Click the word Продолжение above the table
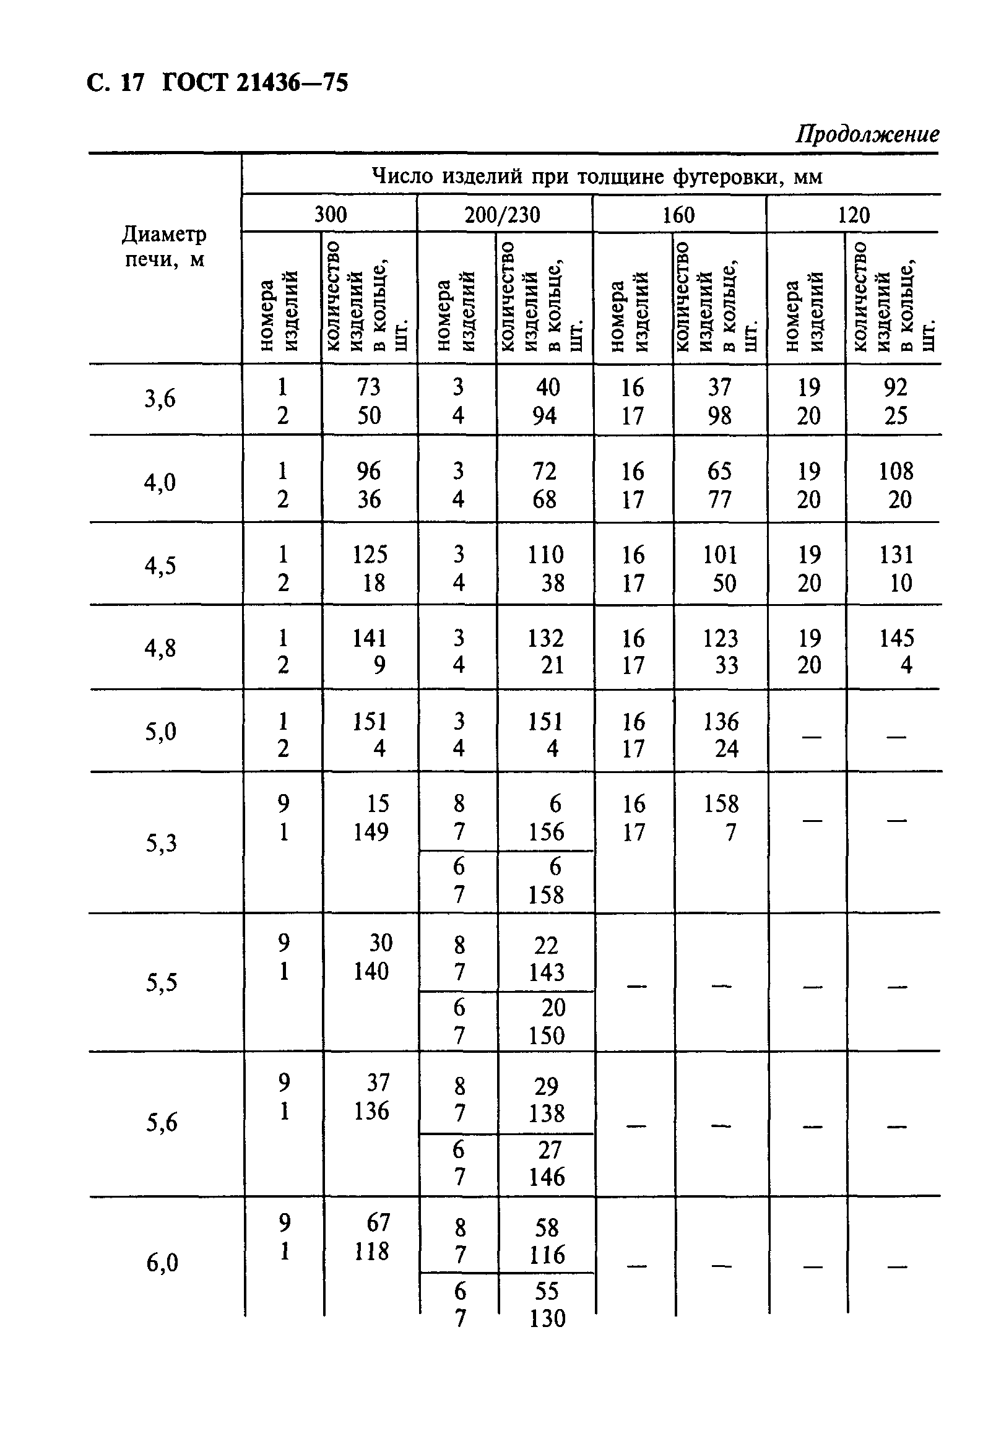coord(867,135)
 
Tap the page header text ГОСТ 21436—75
coord(255,83)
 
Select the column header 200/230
coord(503,215)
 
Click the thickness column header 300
coord(330,214)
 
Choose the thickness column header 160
coord(678,215)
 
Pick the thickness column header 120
coord(852,215)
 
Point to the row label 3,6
coord(160,398)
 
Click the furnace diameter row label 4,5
coord(160,565)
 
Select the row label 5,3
coord(162,842)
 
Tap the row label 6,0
coord(162,1263)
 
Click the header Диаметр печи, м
coord(164,247)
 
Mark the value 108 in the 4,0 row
coord(896,471)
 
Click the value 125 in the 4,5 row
coord(370,554)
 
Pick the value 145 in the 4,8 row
coord(896,638)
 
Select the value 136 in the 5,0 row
coord(721,722)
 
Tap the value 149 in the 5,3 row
coord(371,831)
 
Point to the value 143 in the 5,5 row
coord(547,972)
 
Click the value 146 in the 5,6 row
coord(547,1177)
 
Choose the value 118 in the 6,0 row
coord(371,1251)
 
